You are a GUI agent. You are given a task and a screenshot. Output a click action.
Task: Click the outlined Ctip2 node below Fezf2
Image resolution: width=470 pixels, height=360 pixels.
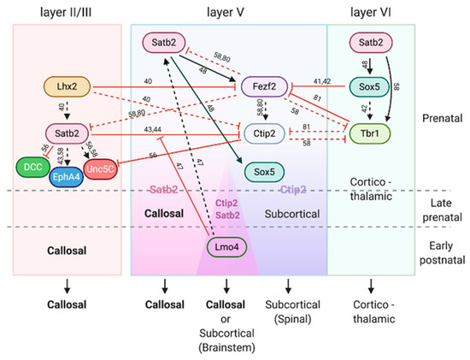click(264, 134)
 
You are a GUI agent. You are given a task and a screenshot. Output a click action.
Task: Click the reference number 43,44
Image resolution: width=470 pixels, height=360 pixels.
click(154, 127)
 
